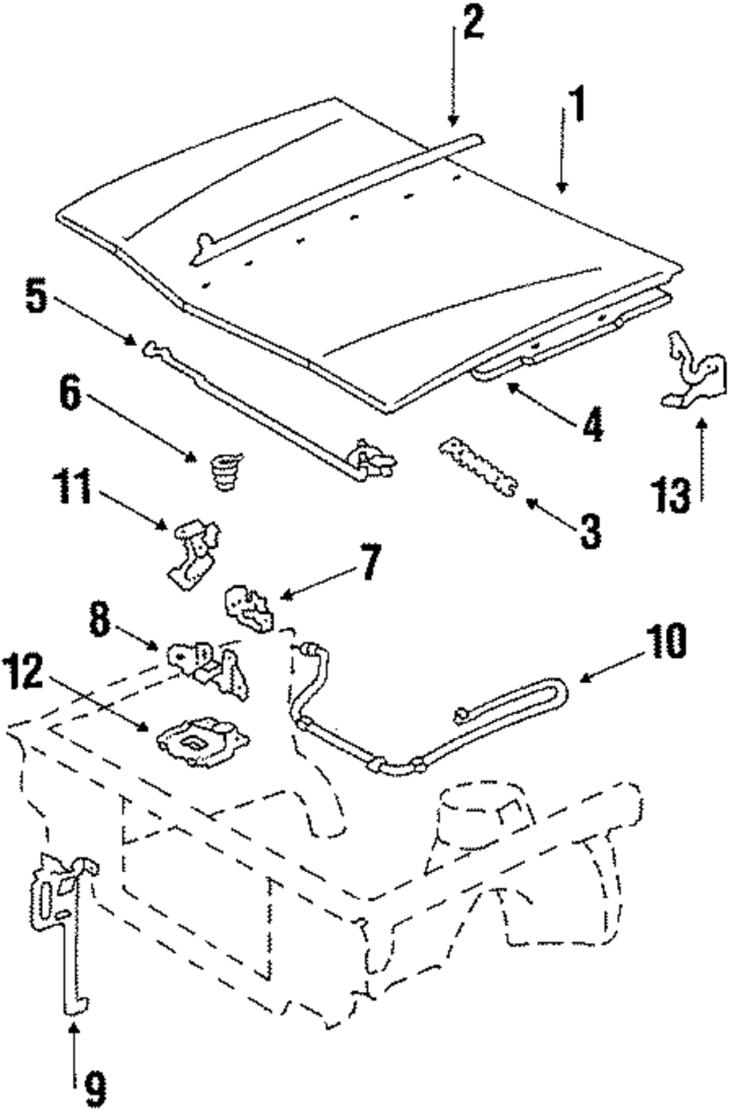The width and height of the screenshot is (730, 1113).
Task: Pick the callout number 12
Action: click(23, 673)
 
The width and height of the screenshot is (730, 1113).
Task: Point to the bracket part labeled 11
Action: click(193, 552)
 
